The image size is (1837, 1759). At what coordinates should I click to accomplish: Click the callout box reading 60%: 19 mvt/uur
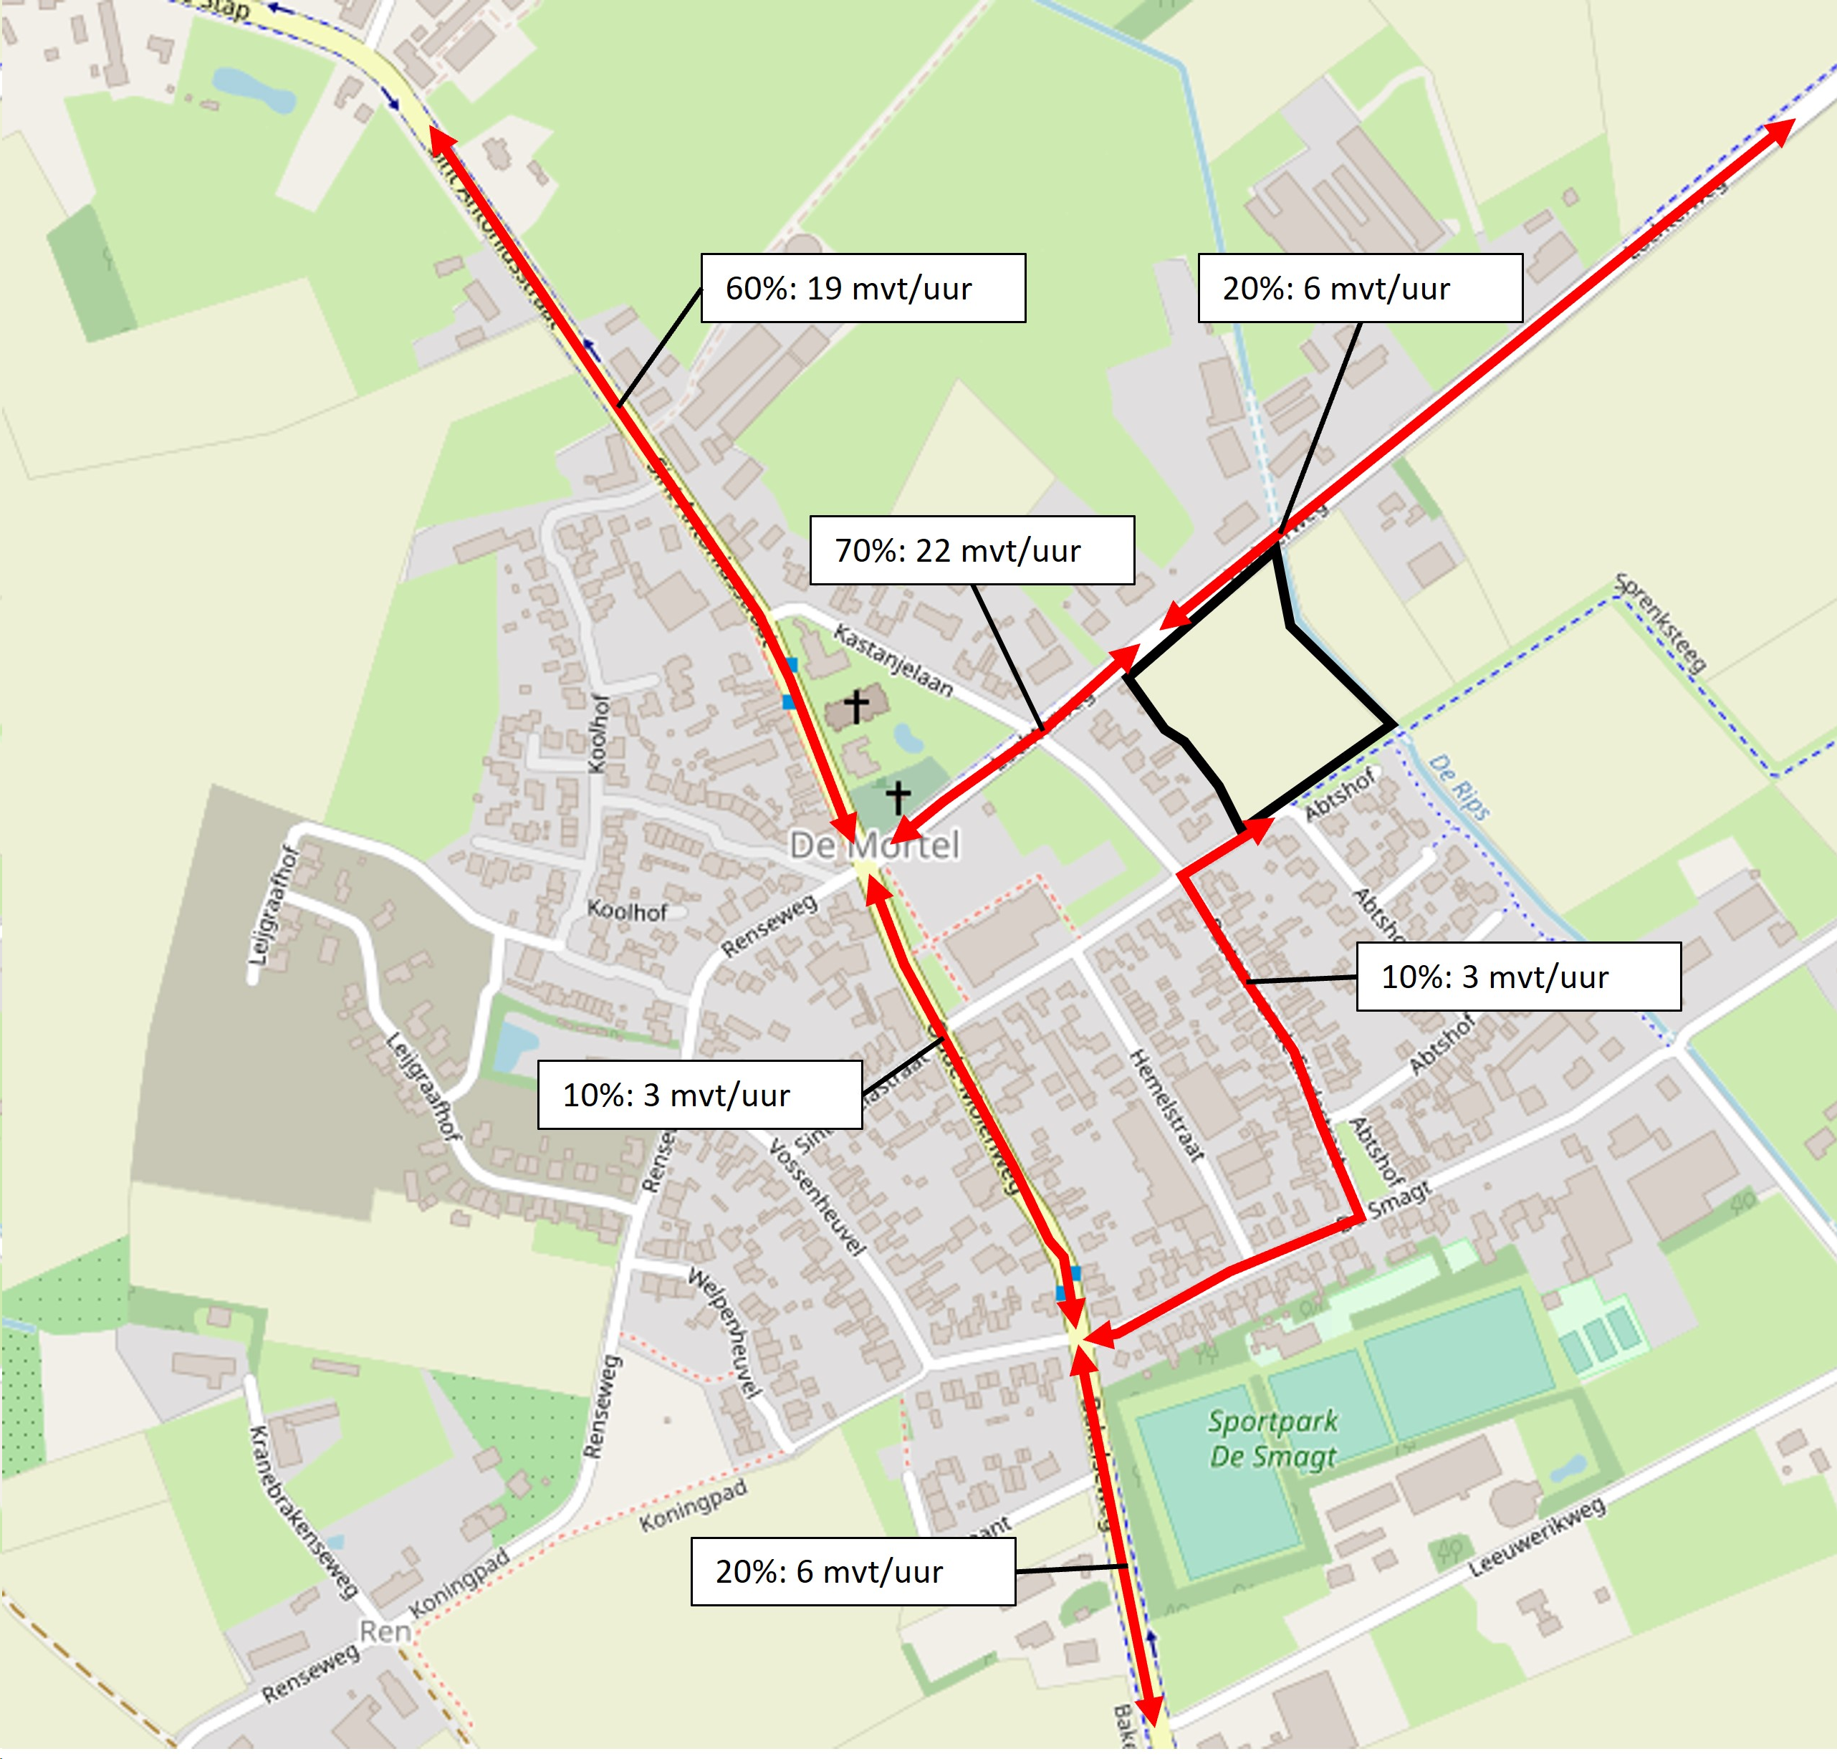(x=863, y=288)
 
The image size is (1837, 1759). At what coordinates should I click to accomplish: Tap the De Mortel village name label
(x=875, y=845)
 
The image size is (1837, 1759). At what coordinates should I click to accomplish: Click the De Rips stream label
(x=1459, y=788)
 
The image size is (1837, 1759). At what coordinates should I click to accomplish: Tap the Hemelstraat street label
(x=1167, y=1106)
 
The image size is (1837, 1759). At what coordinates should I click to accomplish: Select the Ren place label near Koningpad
(x=385, y=1631)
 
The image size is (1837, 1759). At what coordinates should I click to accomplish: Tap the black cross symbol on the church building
(x=855, y=706)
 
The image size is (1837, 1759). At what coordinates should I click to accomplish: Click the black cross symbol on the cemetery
(x=898, y=797)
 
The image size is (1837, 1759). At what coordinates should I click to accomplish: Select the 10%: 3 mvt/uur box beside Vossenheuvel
(x=699, y=1095)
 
